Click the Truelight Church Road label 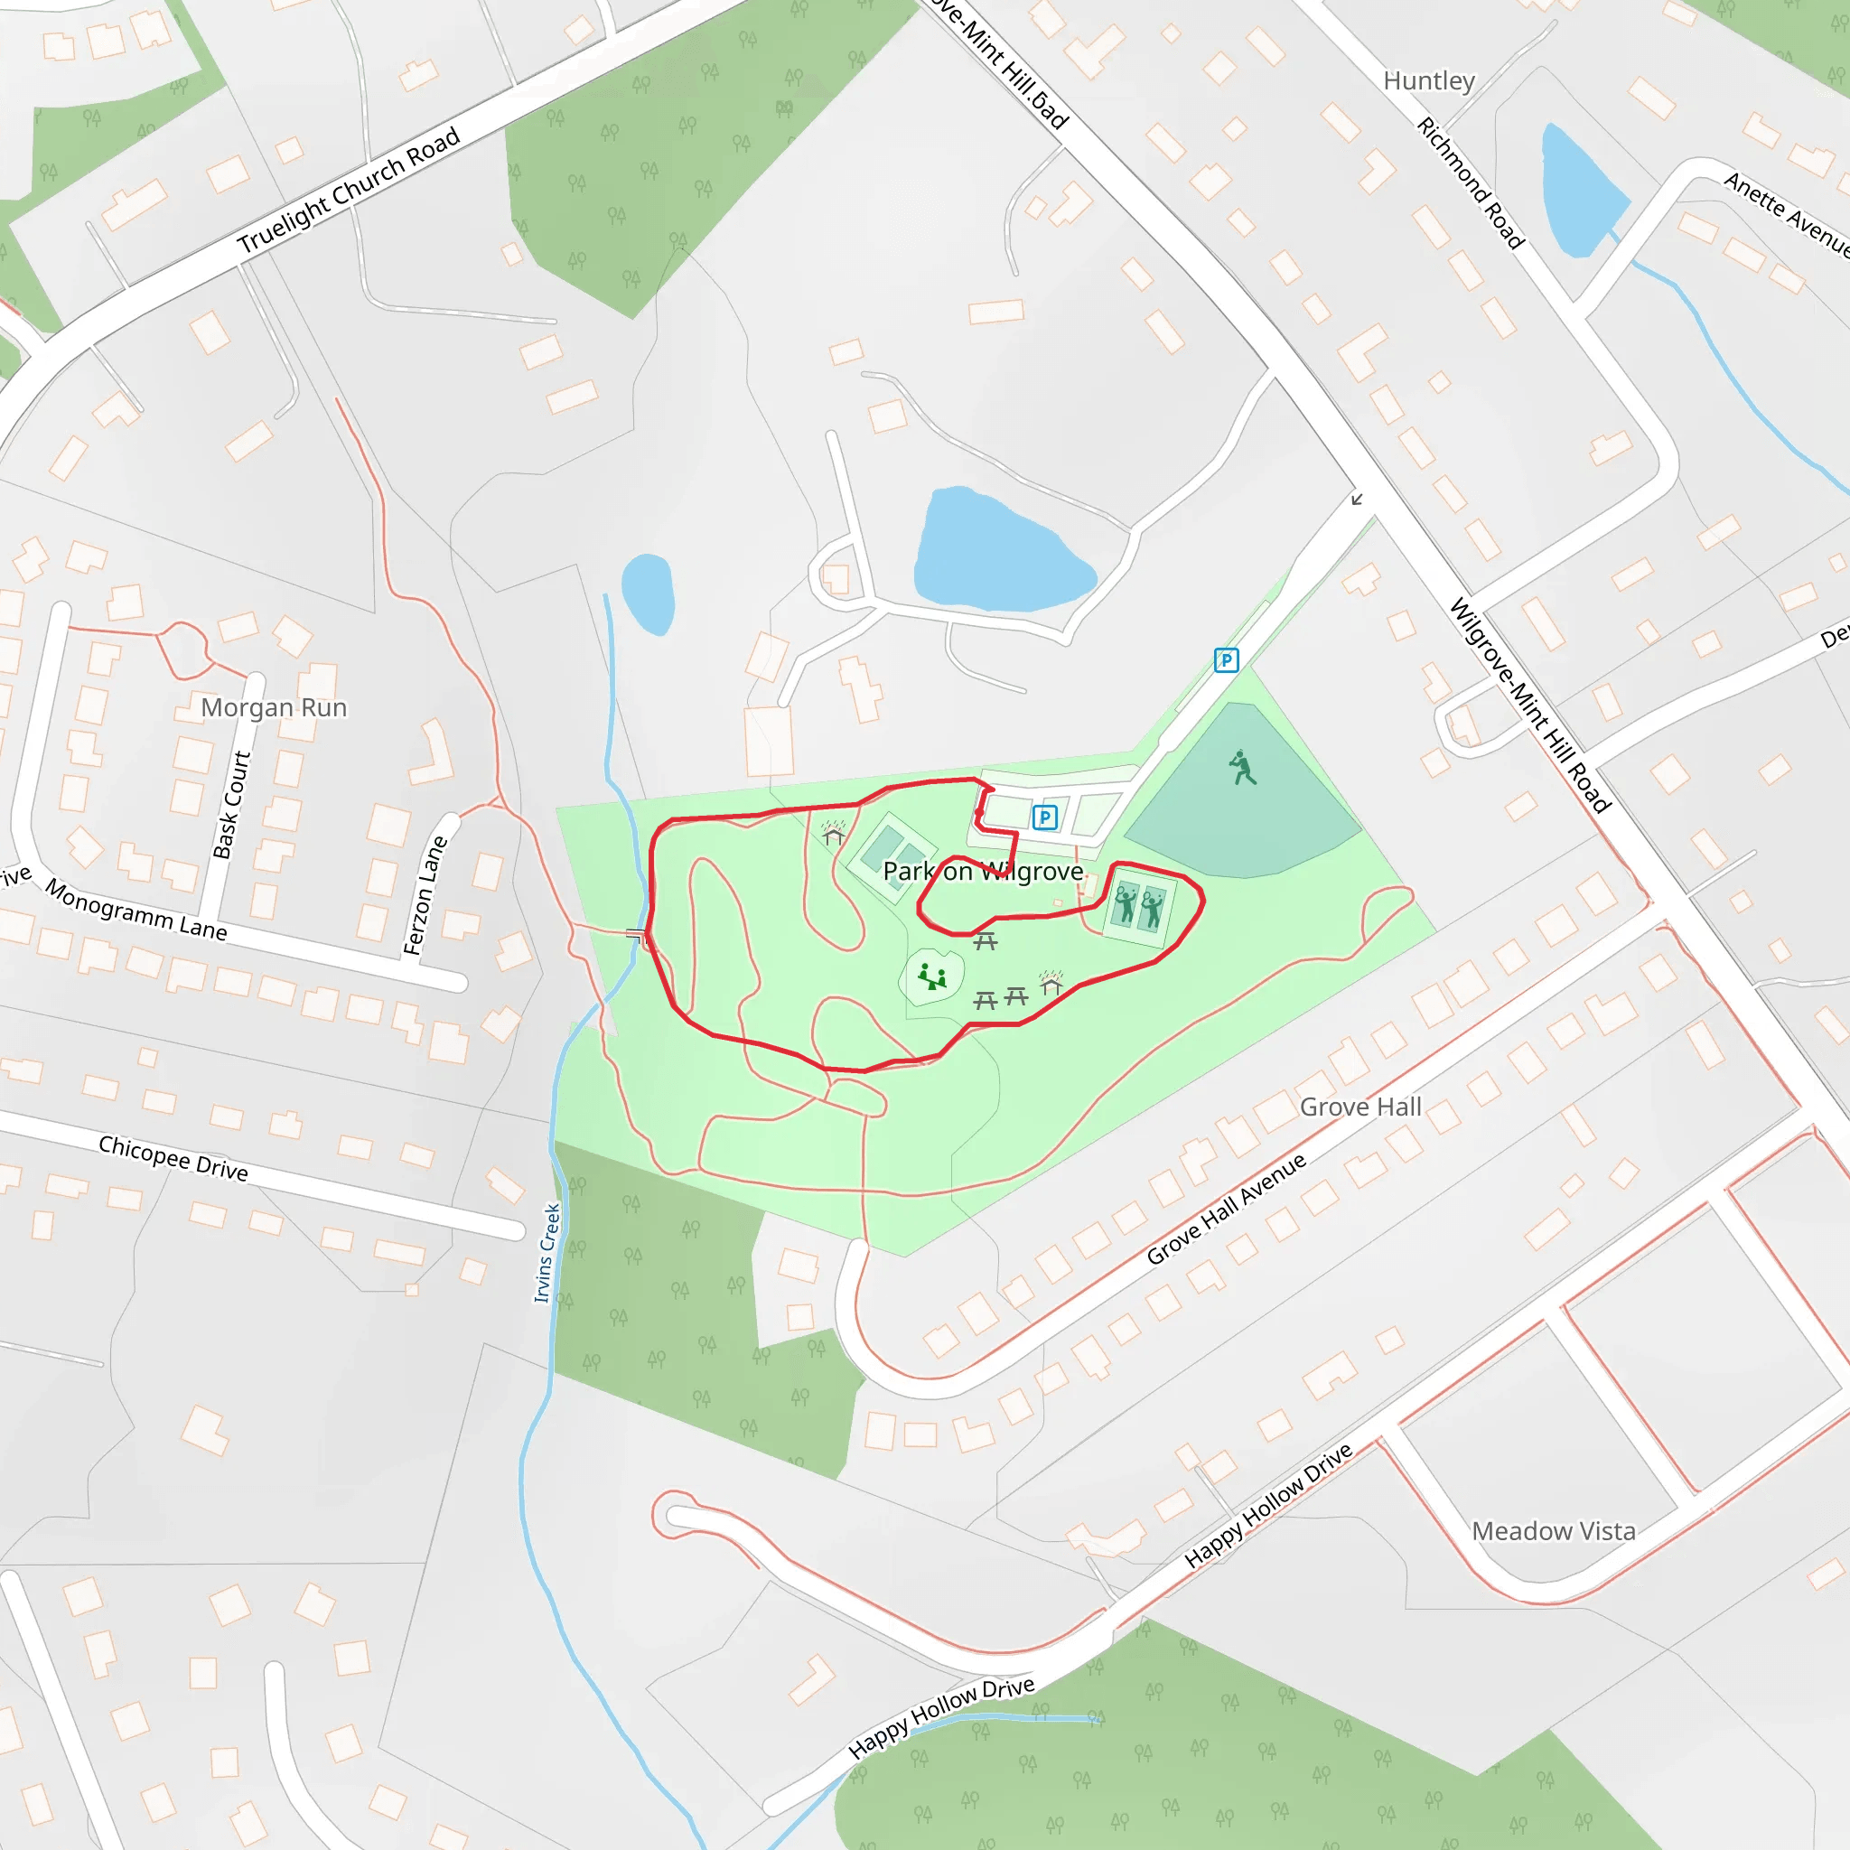click(x=349, y=191)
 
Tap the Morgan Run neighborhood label click(x=274, y=707)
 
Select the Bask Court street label click(x=232, y=805)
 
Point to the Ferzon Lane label click(x=425, y=895)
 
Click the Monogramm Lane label click(x=136, y=911)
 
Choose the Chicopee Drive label click(x=173, y=1158)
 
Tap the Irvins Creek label click(x=547, y=1254)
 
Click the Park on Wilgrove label click(x=983, y=872)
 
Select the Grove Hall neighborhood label click(x=1359, y=1107)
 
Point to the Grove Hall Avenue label click(x=1226, y=1209)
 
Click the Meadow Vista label click(x=1553, y=1531)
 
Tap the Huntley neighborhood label click(x=1429, y=81)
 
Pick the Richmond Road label click(x=1470, y=182)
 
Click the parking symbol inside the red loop click(x=1045, y=817)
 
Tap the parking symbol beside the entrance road click(x=1226, y=659)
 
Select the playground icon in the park click(x=931, y=976)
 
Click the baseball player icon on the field click(x=1242, y=768)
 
